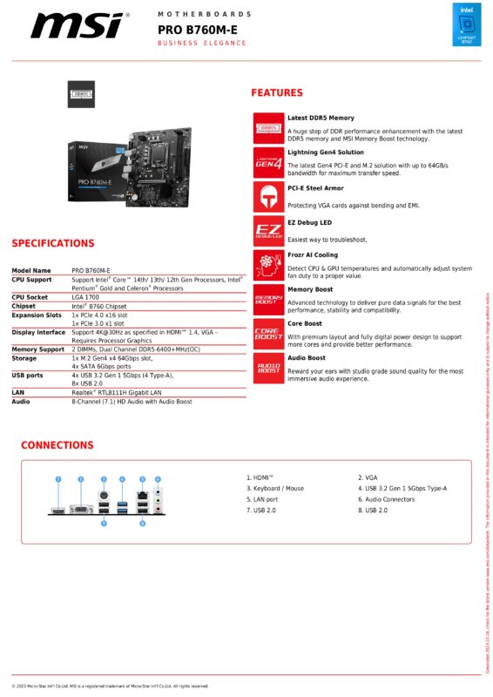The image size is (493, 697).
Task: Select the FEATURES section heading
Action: click(x=277, y=93)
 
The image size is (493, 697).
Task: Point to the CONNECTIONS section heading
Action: click(x=57, y=445)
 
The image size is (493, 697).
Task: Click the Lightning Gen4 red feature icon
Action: click(x=268, y=161)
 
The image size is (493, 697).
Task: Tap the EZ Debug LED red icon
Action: click(x=268, y=229)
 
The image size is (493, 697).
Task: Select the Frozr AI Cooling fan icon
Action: click(x=268, y=263)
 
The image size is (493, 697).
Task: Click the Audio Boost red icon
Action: click(x=268, y=365)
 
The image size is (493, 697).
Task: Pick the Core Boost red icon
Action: click(x=268, y=332)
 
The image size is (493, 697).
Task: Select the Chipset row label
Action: click(x=24, y=307)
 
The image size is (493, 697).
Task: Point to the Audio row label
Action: click(x=21, y=402)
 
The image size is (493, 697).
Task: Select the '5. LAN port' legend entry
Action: click(x=262, y=499)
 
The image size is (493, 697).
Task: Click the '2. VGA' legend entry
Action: click(x=368, y=477)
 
